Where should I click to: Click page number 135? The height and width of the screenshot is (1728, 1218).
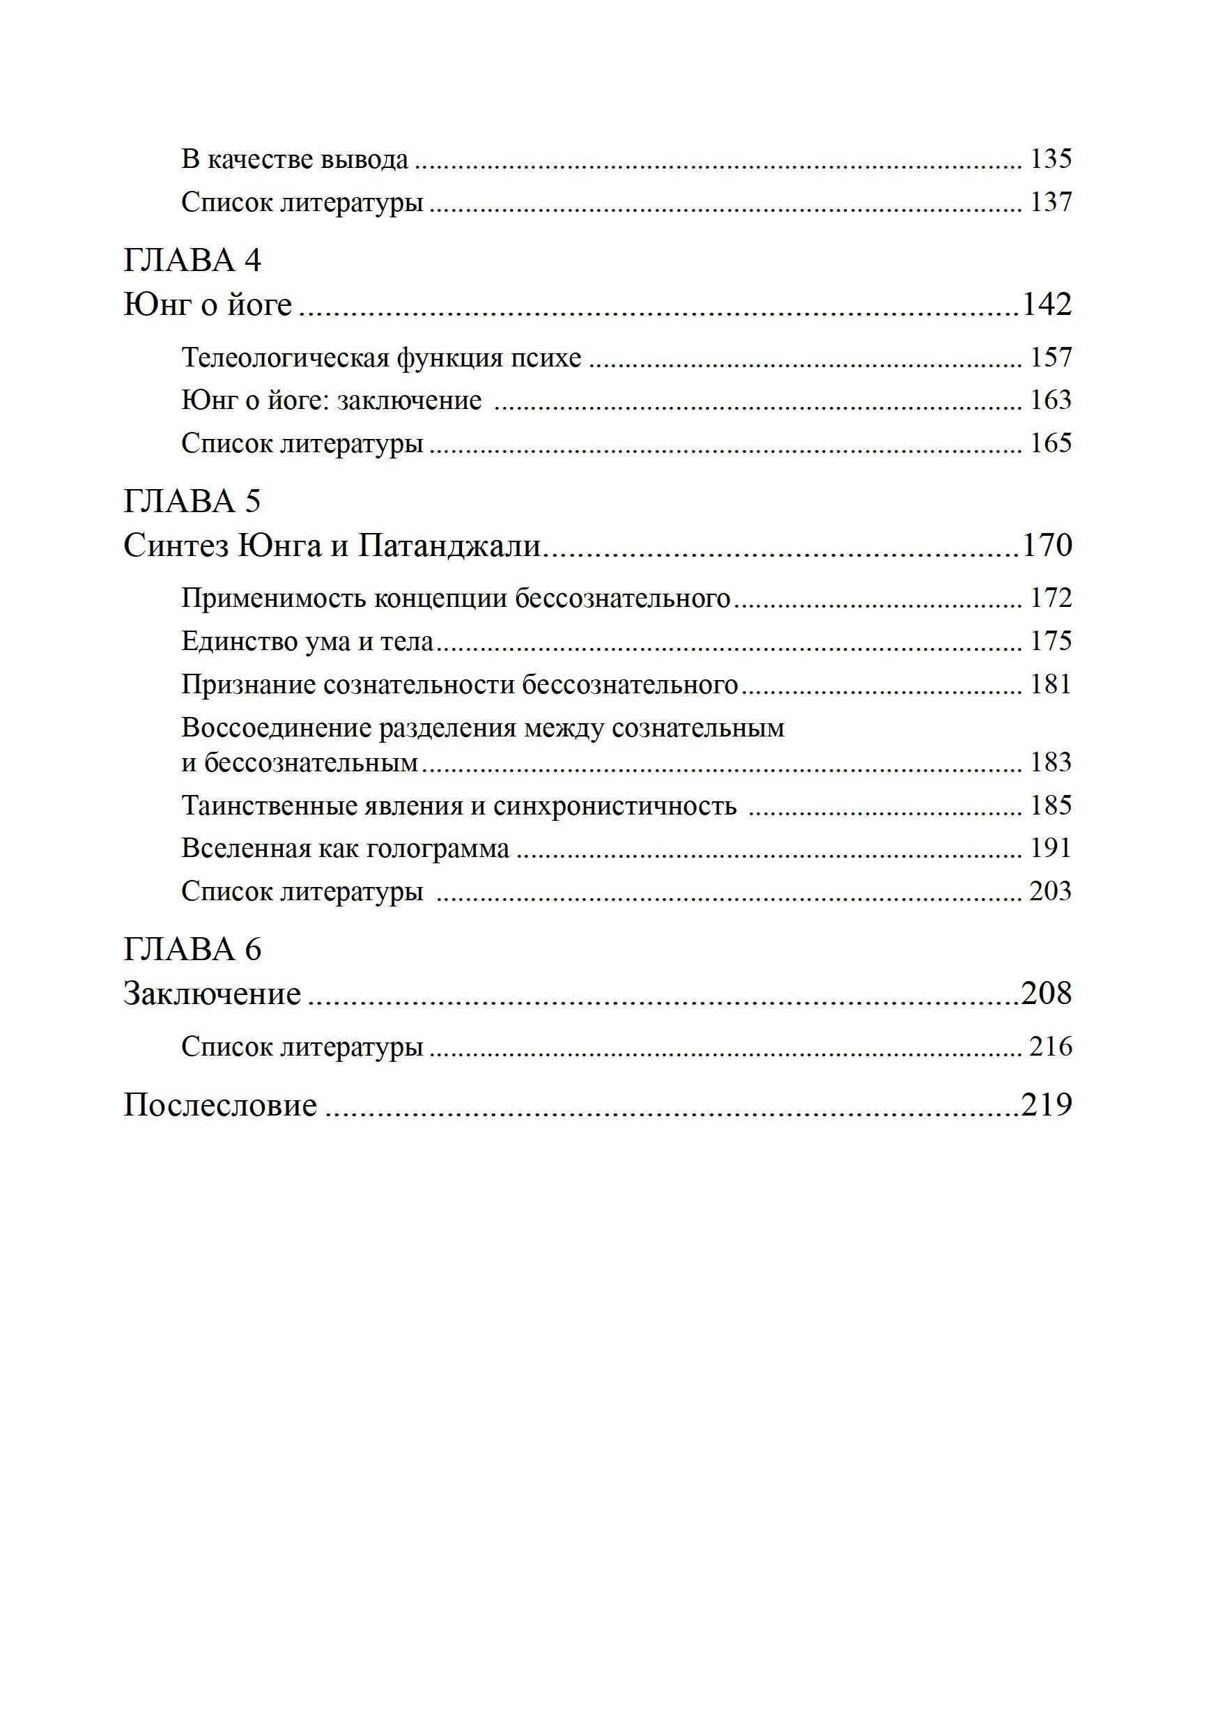pyautogui.click(x=1050, y=160)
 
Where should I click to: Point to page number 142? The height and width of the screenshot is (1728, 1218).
pyautogui.click(x=1047, y=304)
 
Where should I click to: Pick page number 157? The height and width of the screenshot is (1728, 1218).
pyautogui.click(x=1050, y=357)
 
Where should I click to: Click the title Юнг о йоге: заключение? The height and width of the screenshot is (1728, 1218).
pyautogui.click(x=331, y=401)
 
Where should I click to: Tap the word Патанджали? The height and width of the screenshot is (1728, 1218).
pyautogui.click(x=449, y=546)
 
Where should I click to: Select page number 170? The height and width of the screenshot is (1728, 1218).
pyautogui.click(x=1047, y=546)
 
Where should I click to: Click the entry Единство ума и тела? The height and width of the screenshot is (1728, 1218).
pyautogui.click(x=307, y=642)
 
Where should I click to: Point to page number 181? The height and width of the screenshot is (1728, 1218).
pyautogui.click(x=1050, y=685)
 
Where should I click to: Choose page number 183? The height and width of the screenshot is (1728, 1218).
pyautogui.click(x=1050, y=763)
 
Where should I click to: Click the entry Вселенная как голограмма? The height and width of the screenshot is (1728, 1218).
pyautogui.click(x=345, y=849)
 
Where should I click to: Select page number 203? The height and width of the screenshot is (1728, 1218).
pyautogui.click(x=1050, y=892)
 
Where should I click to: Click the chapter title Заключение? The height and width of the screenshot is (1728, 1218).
pyautogui.click(x=212, y=994)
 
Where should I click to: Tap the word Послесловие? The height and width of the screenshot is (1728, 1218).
pyautogui.click(x=219, y=1106)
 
